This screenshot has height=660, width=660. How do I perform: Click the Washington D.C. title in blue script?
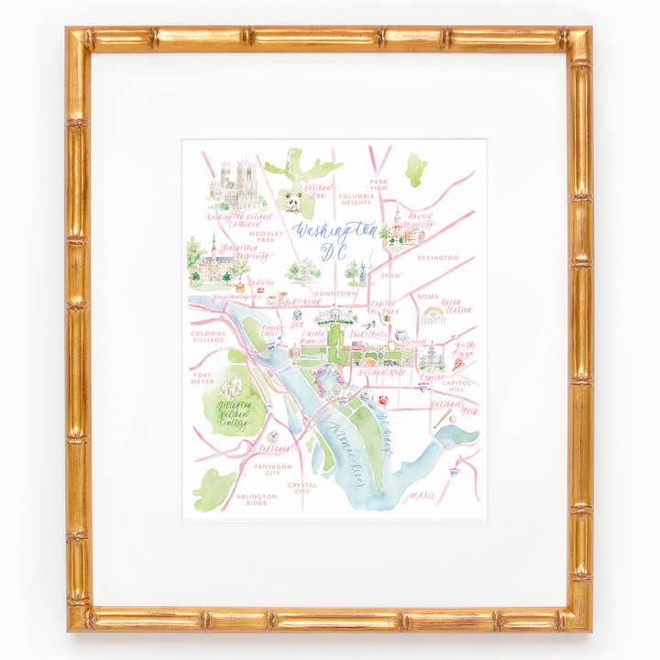tap(335, 236)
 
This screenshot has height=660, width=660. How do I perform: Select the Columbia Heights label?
tap(355, 199)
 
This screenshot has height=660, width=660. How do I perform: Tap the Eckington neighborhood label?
tap(437, 258)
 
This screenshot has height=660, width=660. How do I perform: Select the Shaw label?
tap(390, 274)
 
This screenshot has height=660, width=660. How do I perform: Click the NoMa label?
tap(428, 297)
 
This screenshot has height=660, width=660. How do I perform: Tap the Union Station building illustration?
tap(433, 316)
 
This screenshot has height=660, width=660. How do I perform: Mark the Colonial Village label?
tap(208, 338)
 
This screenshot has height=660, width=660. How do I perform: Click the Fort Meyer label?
tap(203, 378)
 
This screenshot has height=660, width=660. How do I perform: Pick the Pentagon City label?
tap(273, 470)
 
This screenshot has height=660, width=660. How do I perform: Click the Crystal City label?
tap(302, 488)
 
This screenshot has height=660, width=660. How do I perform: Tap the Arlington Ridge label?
tap(256, 500)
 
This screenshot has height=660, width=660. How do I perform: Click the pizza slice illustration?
tap(457, 364)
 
